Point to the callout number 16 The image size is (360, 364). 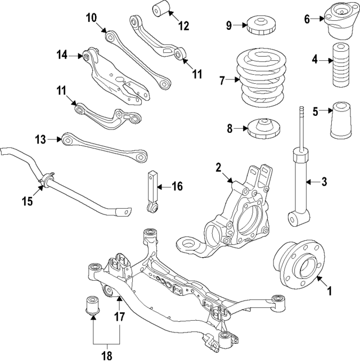click(x=177, y=186)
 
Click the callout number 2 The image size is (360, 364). click(x=218, y=167)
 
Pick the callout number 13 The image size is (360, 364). click(x=39, y=138)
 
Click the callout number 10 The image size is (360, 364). click(x=91, y=17)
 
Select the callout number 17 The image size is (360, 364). click(x=119, y=316)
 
